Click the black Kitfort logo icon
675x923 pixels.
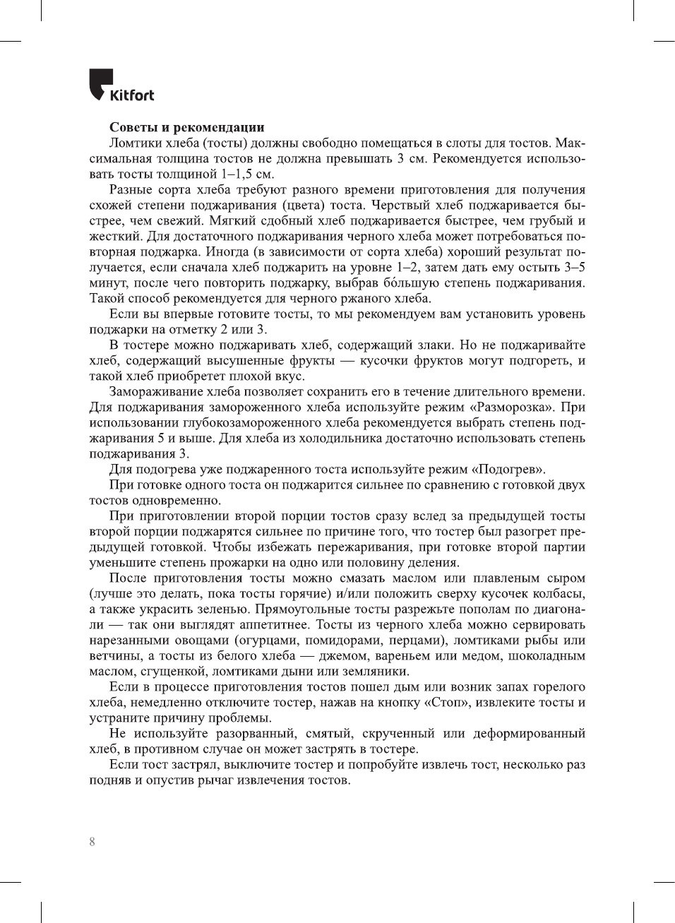101,83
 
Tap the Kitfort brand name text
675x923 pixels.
132,95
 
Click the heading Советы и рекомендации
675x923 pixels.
187,128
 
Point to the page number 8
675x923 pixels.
92,842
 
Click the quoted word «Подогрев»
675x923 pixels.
508,470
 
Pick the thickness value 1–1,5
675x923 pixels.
237,174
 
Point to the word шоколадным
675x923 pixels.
544,656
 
